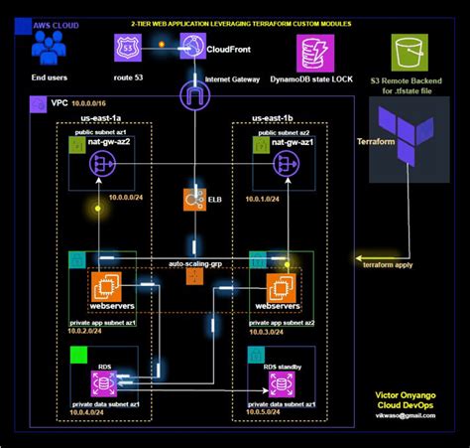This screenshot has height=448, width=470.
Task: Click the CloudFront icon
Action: tap(192, 46)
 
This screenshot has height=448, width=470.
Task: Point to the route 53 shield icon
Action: tap(125, 47)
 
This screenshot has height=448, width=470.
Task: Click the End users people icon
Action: tap(51, 46)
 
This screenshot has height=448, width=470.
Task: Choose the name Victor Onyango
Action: tap(406, 395)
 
